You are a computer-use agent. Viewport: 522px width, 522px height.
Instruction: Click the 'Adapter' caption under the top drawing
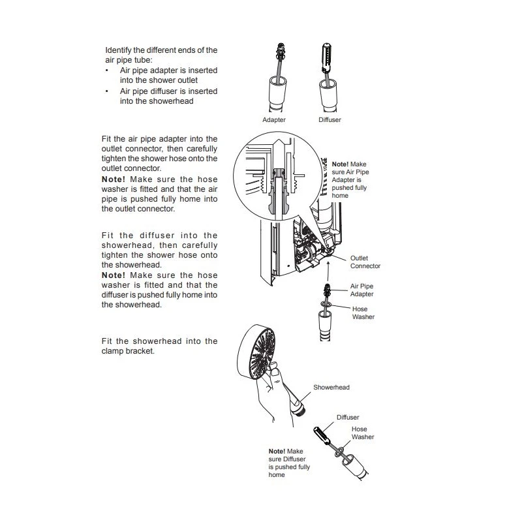273,120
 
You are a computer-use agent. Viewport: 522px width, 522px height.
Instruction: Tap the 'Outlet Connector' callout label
365,262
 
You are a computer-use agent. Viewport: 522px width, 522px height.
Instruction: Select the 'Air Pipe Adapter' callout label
361,290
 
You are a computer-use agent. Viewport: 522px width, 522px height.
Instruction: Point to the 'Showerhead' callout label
332,387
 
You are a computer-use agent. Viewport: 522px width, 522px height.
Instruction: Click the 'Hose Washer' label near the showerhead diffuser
363,433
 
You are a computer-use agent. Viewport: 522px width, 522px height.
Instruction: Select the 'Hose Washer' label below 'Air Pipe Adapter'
363,313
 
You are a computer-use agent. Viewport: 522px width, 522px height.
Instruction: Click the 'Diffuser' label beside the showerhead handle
348,417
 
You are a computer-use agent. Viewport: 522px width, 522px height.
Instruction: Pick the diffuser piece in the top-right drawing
327,58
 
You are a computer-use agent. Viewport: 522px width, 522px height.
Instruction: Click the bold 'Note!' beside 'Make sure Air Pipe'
341,164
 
